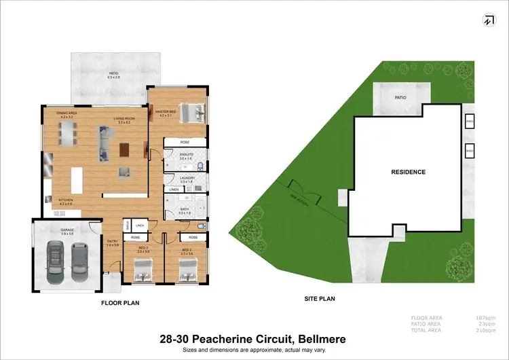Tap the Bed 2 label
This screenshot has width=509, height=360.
tap(143, 249)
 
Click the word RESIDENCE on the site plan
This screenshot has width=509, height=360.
tap(408, 172)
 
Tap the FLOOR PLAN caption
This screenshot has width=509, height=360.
tap(120, 304)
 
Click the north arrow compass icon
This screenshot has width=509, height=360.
tap(488, 20)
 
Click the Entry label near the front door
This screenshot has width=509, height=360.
tap(113, 242)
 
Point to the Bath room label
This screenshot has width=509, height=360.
tap(185, 211)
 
